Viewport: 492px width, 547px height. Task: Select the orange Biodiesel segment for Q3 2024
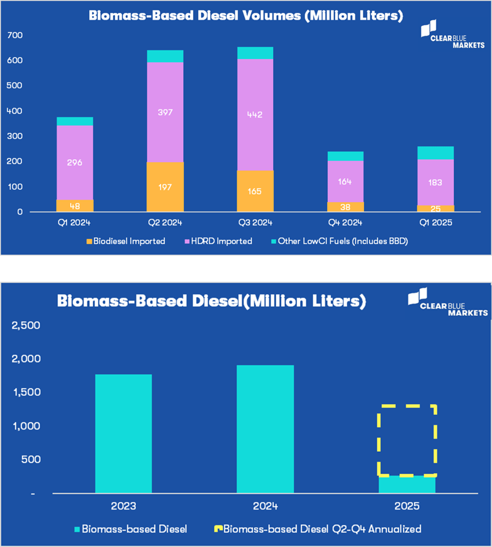pos(255,191)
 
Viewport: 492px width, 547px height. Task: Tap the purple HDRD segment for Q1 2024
pos(75,162)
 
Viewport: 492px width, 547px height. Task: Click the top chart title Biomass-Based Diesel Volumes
pos(246,16)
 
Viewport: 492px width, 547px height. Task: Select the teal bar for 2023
pos(124,433)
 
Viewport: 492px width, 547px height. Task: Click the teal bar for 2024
pos(265,429)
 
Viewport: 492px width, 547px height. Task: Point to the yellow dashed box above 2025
pos(407,440)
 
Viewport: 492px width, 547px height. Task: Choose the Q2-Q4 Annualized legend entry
pos(316,528)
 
